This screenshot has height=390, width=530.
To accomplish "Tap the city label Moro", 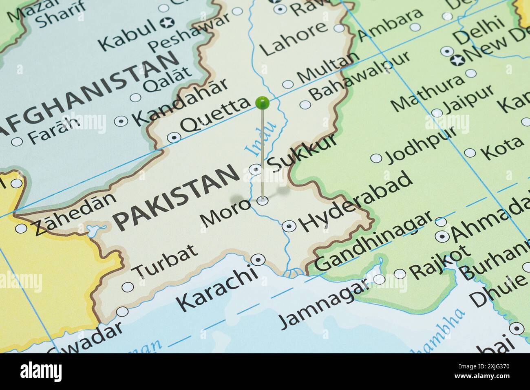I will pos(225,212).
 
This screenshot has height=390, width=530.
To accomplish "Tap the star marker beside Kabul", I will pos(166,24).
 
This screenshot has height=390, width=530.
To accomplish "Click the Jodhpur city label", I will pos(420,145).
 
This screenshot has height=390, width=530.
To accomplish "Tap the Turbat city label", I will pos(166,261).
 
